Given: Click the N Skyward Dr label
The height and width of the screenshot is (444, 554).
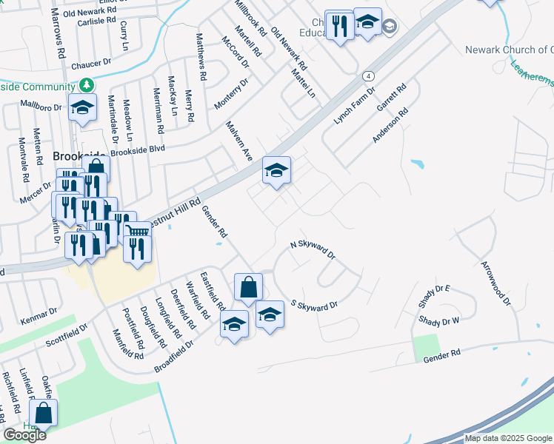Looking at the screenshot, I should point(313,250).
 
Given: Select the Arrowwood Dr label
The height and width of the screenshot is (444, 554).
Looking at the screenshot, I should point(495,283).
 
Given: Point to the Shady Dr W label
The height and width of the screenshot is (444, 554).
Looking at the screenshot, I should point(439,320).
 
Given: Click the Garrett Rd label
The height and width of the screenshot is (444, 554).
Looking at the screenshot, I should point(392,97).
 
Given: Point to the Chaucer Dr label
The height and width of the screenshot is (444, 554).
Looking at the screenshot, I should point(91,65).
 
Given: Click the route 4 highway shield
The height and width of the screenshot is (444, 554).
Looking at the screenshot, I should point(367,76).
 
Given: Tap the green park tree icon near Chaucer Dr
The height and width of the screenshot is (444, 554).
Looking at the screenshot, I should point(87,85).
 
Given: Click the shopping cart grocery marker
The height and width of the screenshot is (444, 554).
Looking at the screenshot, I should point(138,231).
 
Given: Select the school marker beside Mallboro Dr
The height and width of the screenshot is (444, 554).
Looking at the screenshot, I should point(82,107).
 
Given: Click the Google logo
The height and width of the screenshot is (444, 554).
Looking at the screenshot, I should point(24,435).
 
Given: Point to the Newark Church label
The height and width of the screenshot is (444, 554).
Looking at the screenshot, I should point(508,50).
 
